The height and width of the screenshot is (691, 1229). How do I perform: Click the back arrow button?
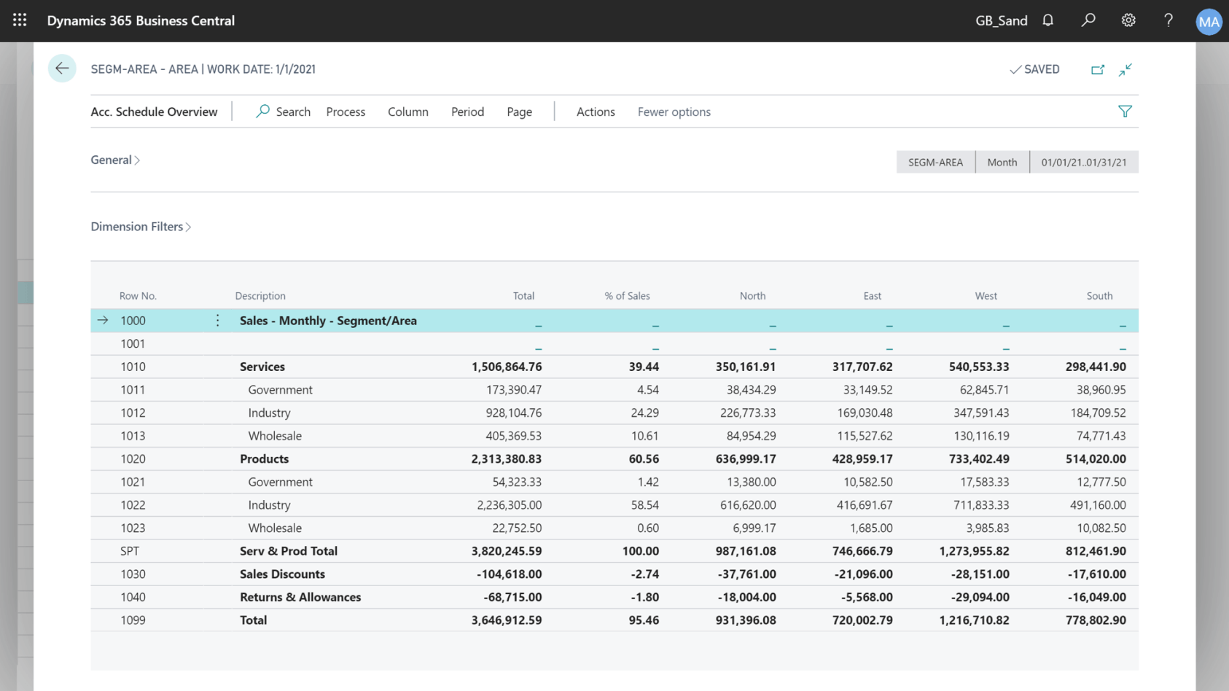pyautogui.click(x=62, y=69)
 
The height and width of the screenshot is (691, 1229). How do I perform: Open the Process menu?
pyautogui.click(x=346, y=112)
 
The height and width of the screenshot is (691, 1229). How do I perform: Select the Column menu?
pyautogui.click(x=407, y=112)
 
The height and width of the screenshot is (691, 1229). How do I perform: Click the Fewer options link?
pyautogui.click(x=674, y=112)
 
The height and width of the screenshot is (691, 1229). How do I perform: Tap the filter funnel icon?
pyautogui.click(x=1125, y=112)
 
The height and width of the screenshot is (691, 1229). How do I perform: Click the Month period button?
pyautogui.click(x=1002, y=162)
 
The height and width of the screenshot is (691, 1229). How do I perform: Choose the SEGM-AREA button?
pyautogui.click(x=935, y=162)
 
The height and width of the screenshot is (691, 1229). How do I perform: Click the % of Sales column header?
pyautogui.click(x=627, y=296)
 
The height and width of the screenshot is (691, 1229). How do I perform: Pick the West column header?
pyautogui.click(x=986, y=296)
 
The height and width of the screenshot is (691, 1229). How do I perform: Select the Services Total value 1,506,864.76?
pyautogui.click(x=507, y=367)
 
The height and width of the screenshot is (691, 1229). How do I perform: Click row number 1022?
pyautogui.click(x=133, y=505)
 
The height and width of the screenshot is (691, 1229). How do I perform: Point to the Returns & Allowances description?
pyautogui.click(x=300, y=597)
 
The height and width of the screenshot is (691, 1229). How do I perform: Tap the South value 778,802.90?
pyautogui.click(x=1096, y=620)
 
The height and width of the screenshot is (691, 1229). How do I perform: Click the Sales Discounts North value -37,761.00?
pyautogui.click(x=746, y=574)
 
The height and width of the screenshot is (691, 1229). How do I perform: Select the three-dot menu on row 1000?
pyautogui.click(x=217, y=321)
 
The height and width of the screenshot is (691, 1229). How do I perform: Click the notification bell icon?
pyautogui.click(x=1047, y=20)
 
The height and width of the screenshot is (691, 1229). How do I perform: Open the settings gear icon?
pyautogui.click(x=1128, y=20)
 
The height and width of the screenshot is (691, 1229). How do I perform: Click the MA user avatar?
pyautogui.click(x=1209, y=21)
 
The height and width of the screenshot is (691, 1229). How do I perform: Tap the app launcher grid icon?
pyautogui.click(x=20, y=20)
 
